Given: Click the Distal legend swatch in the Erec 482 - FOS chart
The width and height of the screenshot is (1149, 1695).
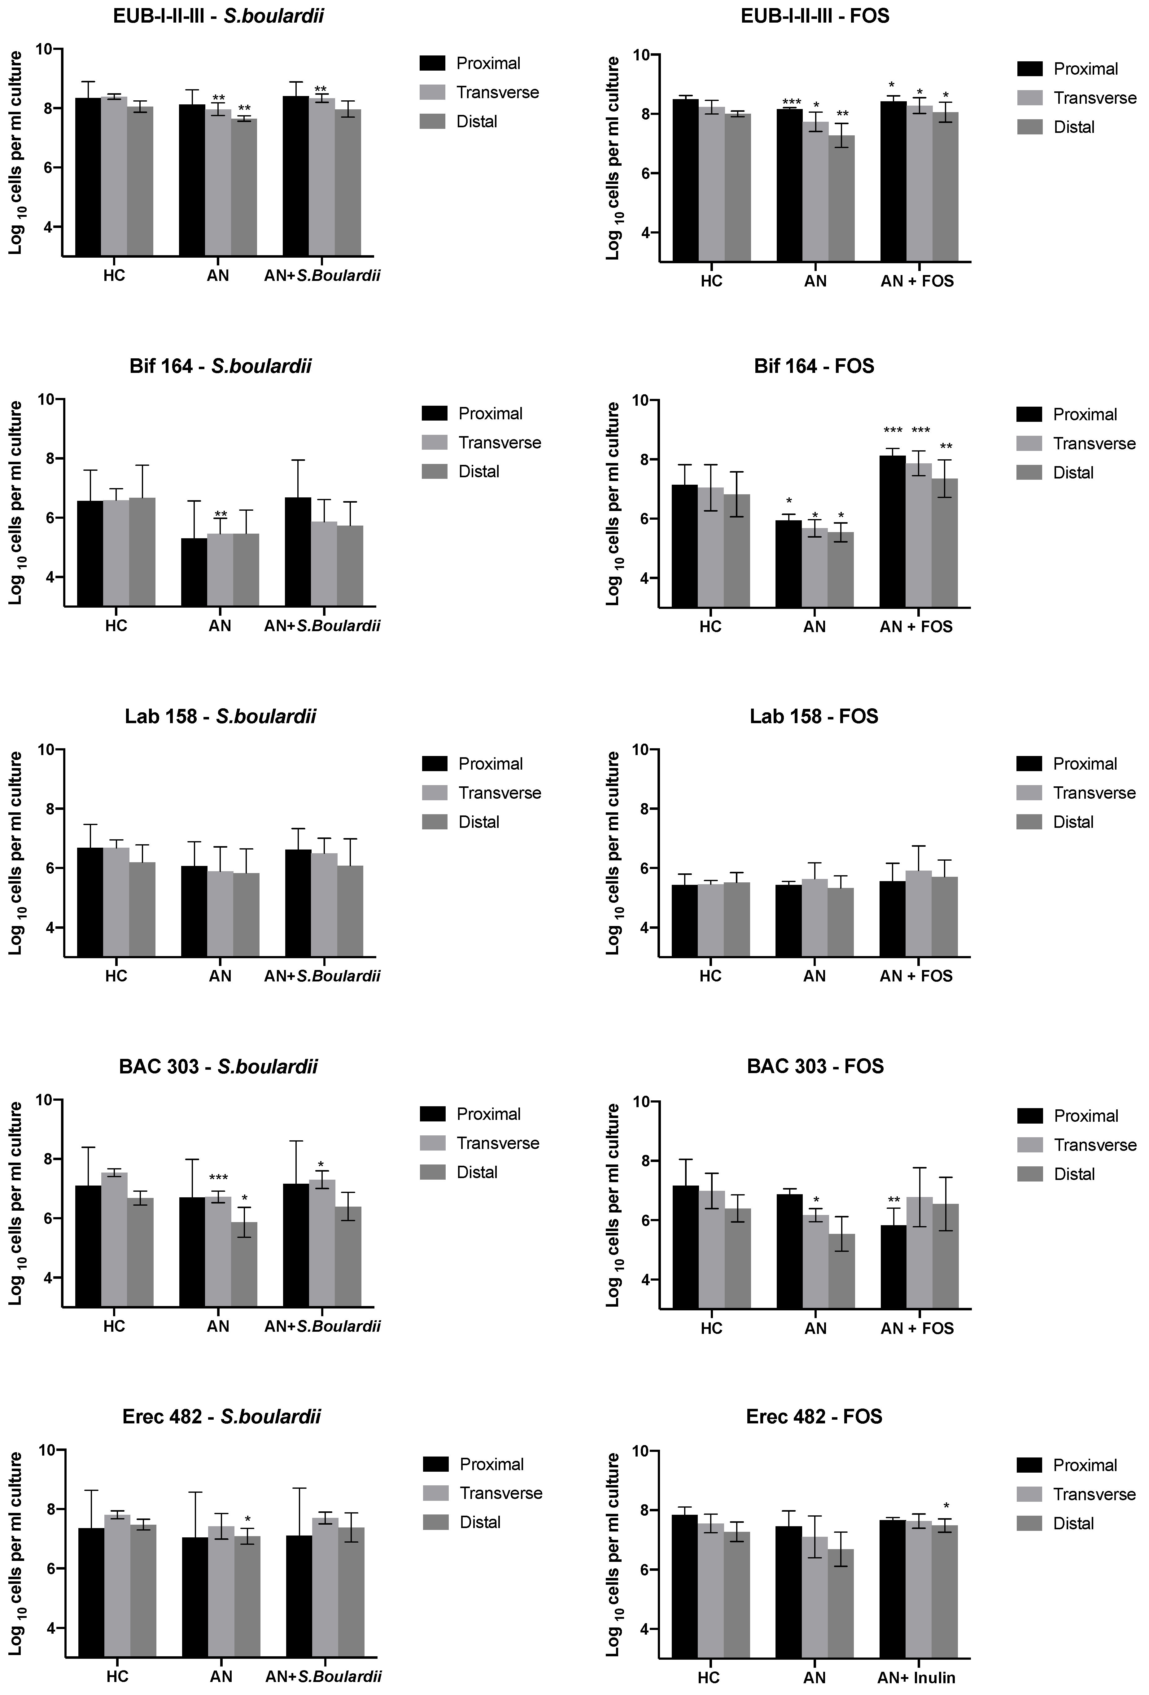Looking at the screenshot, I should [x=1029, y=1523].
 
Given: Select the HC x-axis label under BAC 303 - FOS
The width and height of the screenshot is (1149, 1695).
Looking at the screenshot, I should [x=711, y=1328].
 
